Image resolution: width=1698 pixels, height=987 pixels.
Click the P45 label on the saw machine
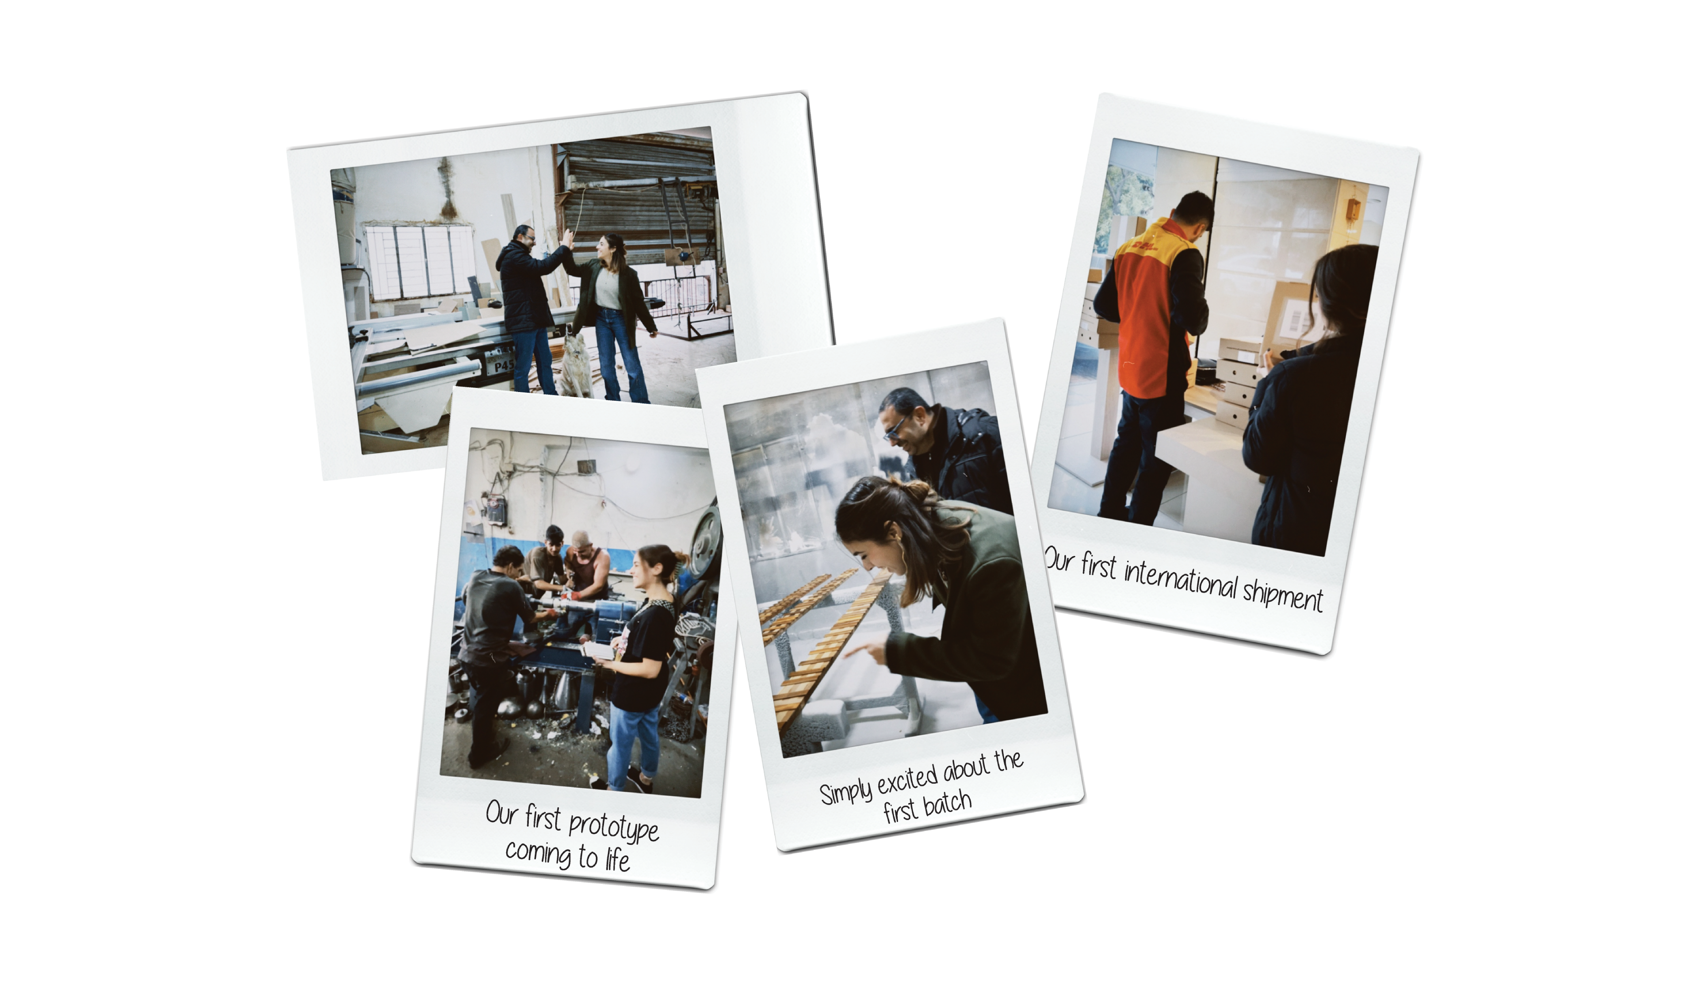(503, 365)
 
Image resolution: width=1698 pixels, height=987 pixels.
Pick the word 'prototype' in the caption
(613, 826)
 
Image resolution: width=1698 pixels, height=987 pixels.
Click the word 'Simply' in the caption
(845, 793)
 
